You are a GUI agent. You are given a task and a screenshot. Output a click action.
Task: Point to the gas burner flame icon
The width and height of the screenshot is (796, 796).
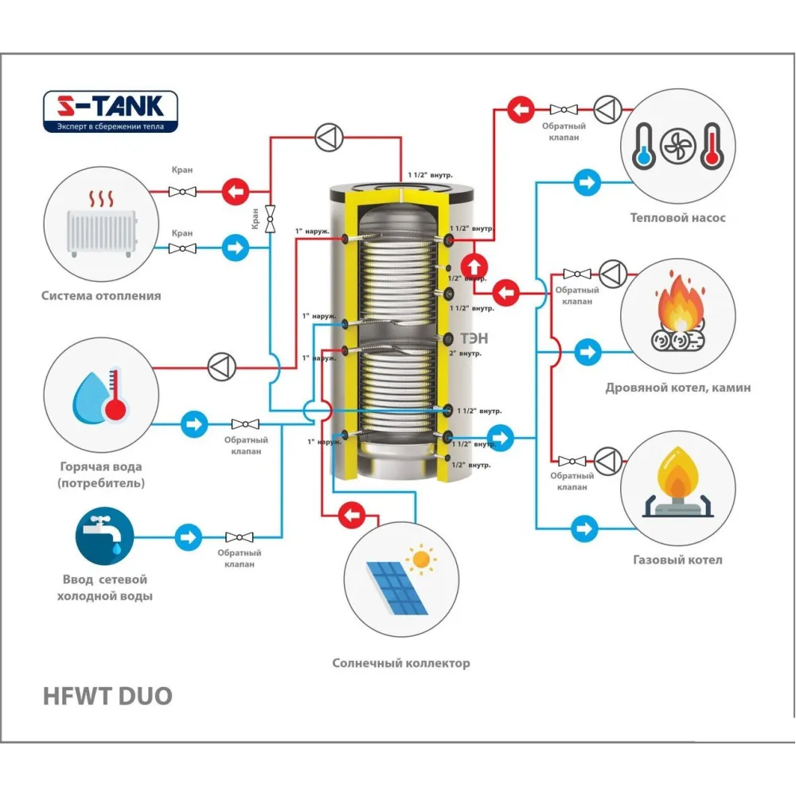pyautogui.click(x=677, y=485)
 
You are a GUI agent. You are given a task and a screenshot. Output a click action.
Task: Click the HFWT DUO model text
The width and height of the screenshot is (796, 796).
pyautogui.click(x=107, y=696)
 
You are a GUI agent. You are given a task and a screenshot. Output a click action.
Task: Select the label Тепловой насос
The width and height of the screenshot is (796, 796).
pyautogui.click(x=677, y=217)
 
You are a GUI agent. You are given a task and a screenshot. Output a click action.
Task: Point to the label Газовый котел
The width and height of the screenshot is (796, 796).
pyautogui.click(x=677, y=560)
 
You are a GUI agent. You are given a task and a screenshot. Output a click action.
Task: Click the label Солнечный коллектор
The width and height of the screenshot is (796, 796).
pyautogui.click(x=401, y=663)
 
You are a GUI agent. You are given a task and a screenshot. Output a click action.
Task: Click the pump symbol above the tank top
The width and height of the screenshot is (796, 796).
pyautogui.click(x=328, y=138)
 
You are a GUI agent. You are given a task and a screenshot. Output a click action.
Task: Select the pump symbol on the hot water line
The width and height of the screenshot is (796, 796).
pyautogui.click(x=219, y=367)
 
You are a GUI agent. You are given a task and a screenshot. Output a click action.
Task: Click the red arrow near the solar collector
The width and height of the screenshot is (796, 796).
pyautogui.click(x=351, y=516)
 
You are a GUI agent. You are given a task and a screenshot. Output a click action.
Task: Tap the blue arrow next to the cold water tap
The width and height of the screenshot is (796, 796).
pyautogui.click(x=189, y=537)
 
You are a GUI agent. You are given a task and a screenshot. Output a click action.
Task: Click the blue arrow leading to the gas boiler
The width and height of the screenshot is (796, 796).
pyautogui.click(x=585, y=526)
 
